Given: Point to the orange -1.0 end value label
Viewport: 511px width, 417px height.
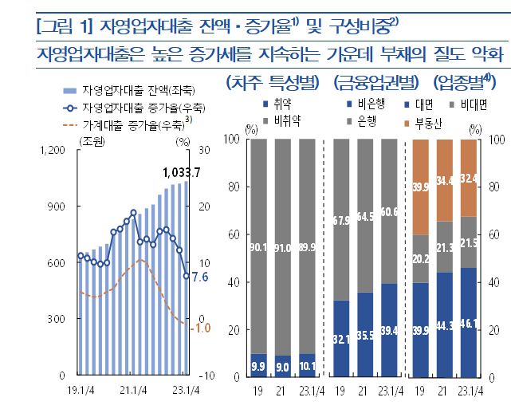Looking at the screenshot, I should coord(202,326).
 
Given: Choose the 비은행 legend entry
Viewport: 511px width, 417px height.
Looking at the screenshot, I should coord(371,104).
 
